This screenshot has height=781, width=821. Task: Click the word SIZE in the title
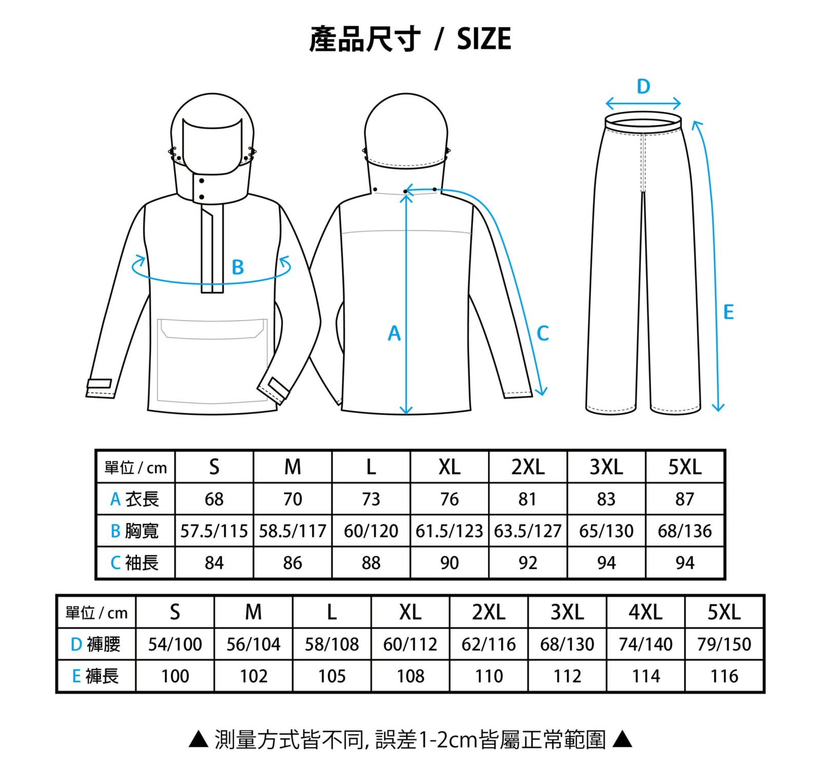[484, 38]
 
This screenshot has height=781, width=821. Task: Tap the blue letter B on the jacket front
[238, 267]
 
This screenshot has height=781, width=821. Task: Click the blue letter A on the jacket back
[394, 334]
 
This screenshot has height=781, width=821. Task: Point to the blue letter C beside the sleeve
[542, 334]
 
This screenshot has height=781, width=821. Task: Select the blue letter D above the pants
[643, 87]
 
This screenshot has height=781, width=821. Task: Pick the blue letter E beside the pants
[729, 312]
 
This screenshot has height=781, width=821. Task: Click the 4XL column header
[646, 612]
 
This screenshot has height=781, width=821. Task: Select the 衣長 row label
[134, 499]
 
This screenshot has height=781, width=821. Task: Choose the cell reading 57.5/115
[214, 531]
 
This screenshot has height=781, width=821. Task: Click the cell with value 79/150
[724, 644]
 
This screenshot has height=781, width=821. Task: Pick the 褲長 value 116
[724, 676]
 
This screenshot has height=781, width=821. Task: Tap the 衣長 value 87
[685, 499]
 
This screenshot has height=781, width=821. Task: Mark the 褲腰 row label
[95, 644]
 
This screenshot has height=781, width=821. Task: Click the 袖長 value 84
[214, 563]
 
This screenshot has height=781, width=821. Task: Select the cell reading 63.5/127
[527, 531]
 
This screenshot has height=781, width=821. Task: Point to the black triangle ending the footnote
[622, 739]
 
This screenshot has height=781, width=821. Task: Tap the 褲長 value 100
[175, 676]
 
